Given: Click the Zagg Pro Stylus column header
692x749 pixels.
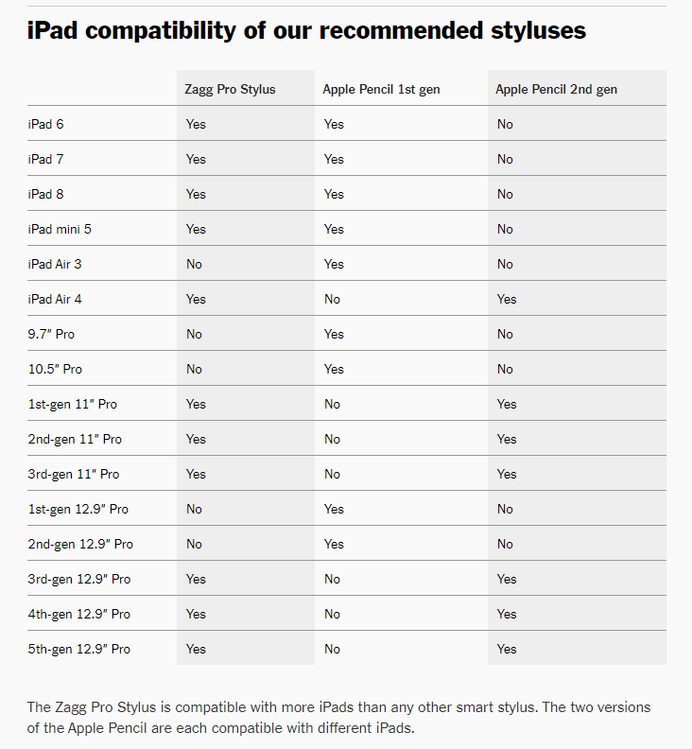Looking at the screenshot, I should (x=230, y=89).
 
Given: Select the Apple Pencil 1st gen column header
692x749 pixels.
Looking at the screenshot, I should (x=381, y=89).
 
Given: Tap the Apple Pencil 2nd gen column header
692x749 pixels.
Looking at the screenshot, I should (x=556, y=89).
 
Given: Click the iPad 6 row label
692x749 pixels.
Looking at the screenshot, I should (x=45, y=124).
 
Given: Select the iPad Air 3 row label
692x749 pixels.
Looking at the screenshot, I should (x=55, y=264).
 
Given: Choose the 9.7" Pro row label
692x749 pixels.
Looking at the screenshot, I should (x=51, y=334).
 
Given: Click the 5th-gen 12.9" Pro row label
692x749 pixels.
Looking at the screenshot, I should (x=78, y=649).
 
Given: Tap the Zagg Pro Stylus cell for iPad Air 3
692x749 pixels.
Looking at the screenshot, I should (x=194, y=264).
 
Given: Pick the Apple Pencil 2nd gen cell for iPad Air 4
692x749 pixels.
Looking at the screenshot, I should (x=507, y=299).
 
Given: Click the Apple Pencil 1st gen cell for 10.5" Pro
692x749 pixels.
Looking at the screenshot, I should (x=334, y=369).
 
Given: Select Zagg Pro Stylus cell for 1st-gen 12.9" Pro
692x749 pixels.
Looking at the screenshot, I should (x=194, y=509).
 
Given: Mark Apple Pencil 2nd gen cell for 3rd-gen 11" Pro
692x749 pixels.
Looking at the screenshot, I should (x=507, y=474).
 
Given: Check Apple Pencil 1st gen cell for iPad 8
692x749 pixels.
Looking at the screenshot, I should (x=334, y=194).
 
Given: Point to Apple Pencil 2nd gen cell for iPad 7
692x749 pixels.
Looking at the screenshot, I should (x=505, y=159).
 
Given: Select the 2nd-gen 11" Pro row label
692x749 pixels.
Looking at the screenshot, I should (x=75, y=439).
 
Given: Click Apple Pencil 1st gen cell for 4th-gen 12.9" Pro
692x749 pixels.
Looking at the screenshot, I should (x=332, y=614).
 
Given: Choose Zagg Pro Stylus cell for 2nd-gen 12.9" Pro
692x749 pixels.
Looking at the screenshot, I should (x=194, y=544).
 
